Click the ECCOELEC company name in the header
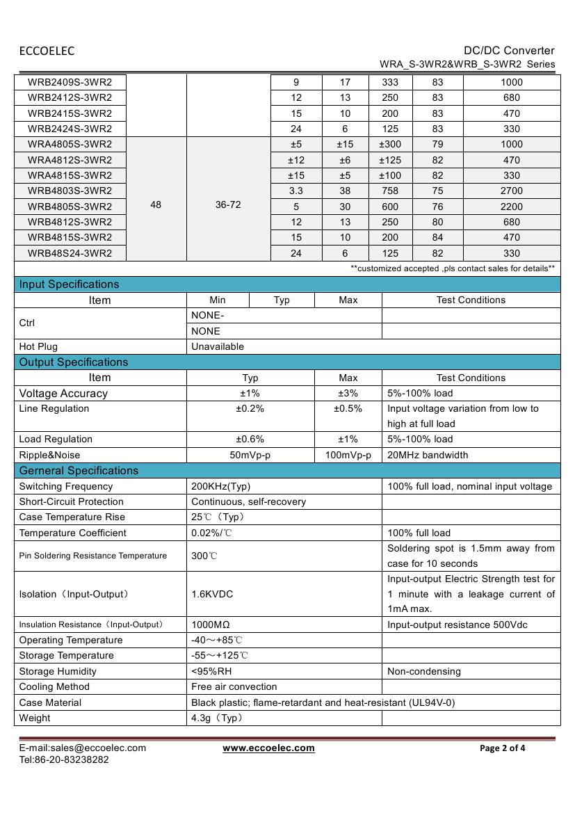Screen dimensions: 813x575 47,51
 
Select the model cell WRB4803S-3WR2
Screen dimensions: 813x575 70,191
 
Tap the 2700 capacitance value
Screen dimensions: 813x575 511,191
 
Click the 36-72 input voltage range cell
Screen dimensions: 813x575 228,205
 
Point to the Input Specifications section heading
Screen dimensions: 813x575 69,284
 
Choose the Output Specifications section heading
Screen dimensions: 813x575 74,362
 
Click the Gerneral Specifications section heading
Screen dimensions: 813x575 79,471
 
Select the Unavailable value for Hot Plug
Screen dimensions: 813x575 218,346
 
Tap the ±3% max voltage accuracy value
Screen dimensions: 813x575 348,393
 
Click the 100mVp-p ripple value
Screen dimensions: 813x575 348,455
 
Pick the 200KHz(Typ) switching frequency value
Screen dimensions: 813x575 220,486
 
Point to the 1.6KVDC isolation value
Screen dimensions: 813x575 212,594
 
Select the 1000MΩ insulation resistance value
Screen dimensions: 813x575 213,625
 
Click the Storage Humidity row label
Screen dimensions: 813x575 58,671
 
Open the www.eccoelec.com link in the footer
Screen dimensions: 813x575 268,748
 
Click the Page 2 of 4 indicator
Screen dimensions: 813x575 503,748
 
